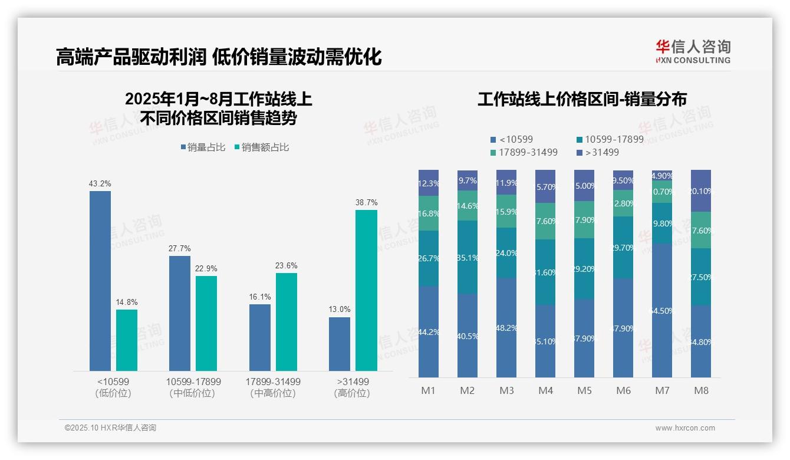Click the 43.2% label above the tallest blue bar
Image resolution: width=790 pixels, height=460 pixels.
[100, 184]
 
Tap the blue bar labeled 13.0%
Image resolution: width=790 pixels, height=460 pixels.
[340, 344]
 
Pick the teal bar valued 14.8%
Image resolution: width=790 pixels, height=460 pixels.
[127, 340]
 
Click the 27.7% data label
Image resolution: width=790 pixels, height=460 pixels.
[180, 249]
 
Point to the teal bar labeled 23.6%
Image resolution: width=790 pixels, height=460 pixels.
[287, 321]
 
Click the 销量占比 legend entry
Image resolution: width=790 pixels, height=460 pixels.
[203, 147]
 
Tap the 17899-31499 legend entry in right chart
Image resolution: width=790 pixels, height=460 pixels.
[524, 153]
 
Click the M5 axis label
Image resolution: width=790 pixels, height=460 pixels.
[584, 390]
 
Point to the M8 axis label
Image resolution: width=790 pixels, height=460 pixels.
[701, 390]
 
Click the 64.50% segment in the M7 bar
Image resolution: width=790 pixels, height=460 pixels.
[662, 311]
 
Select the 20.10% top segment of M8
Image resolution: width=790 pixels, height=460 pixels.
[701, 190]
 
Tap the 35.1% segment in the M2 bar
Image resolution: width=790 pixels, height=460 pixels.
[468, 257]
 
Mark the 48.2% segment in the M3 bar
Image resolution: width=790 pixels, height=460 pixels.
[506, 327]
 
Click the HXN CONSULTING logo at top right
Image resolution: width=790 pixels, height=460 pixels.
[693, 52]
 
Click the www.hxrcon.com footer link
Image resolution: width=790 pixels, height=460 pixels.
[684, 428]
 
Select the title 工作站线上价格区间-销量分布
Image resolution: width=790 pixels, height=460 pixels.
[582, 99]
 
